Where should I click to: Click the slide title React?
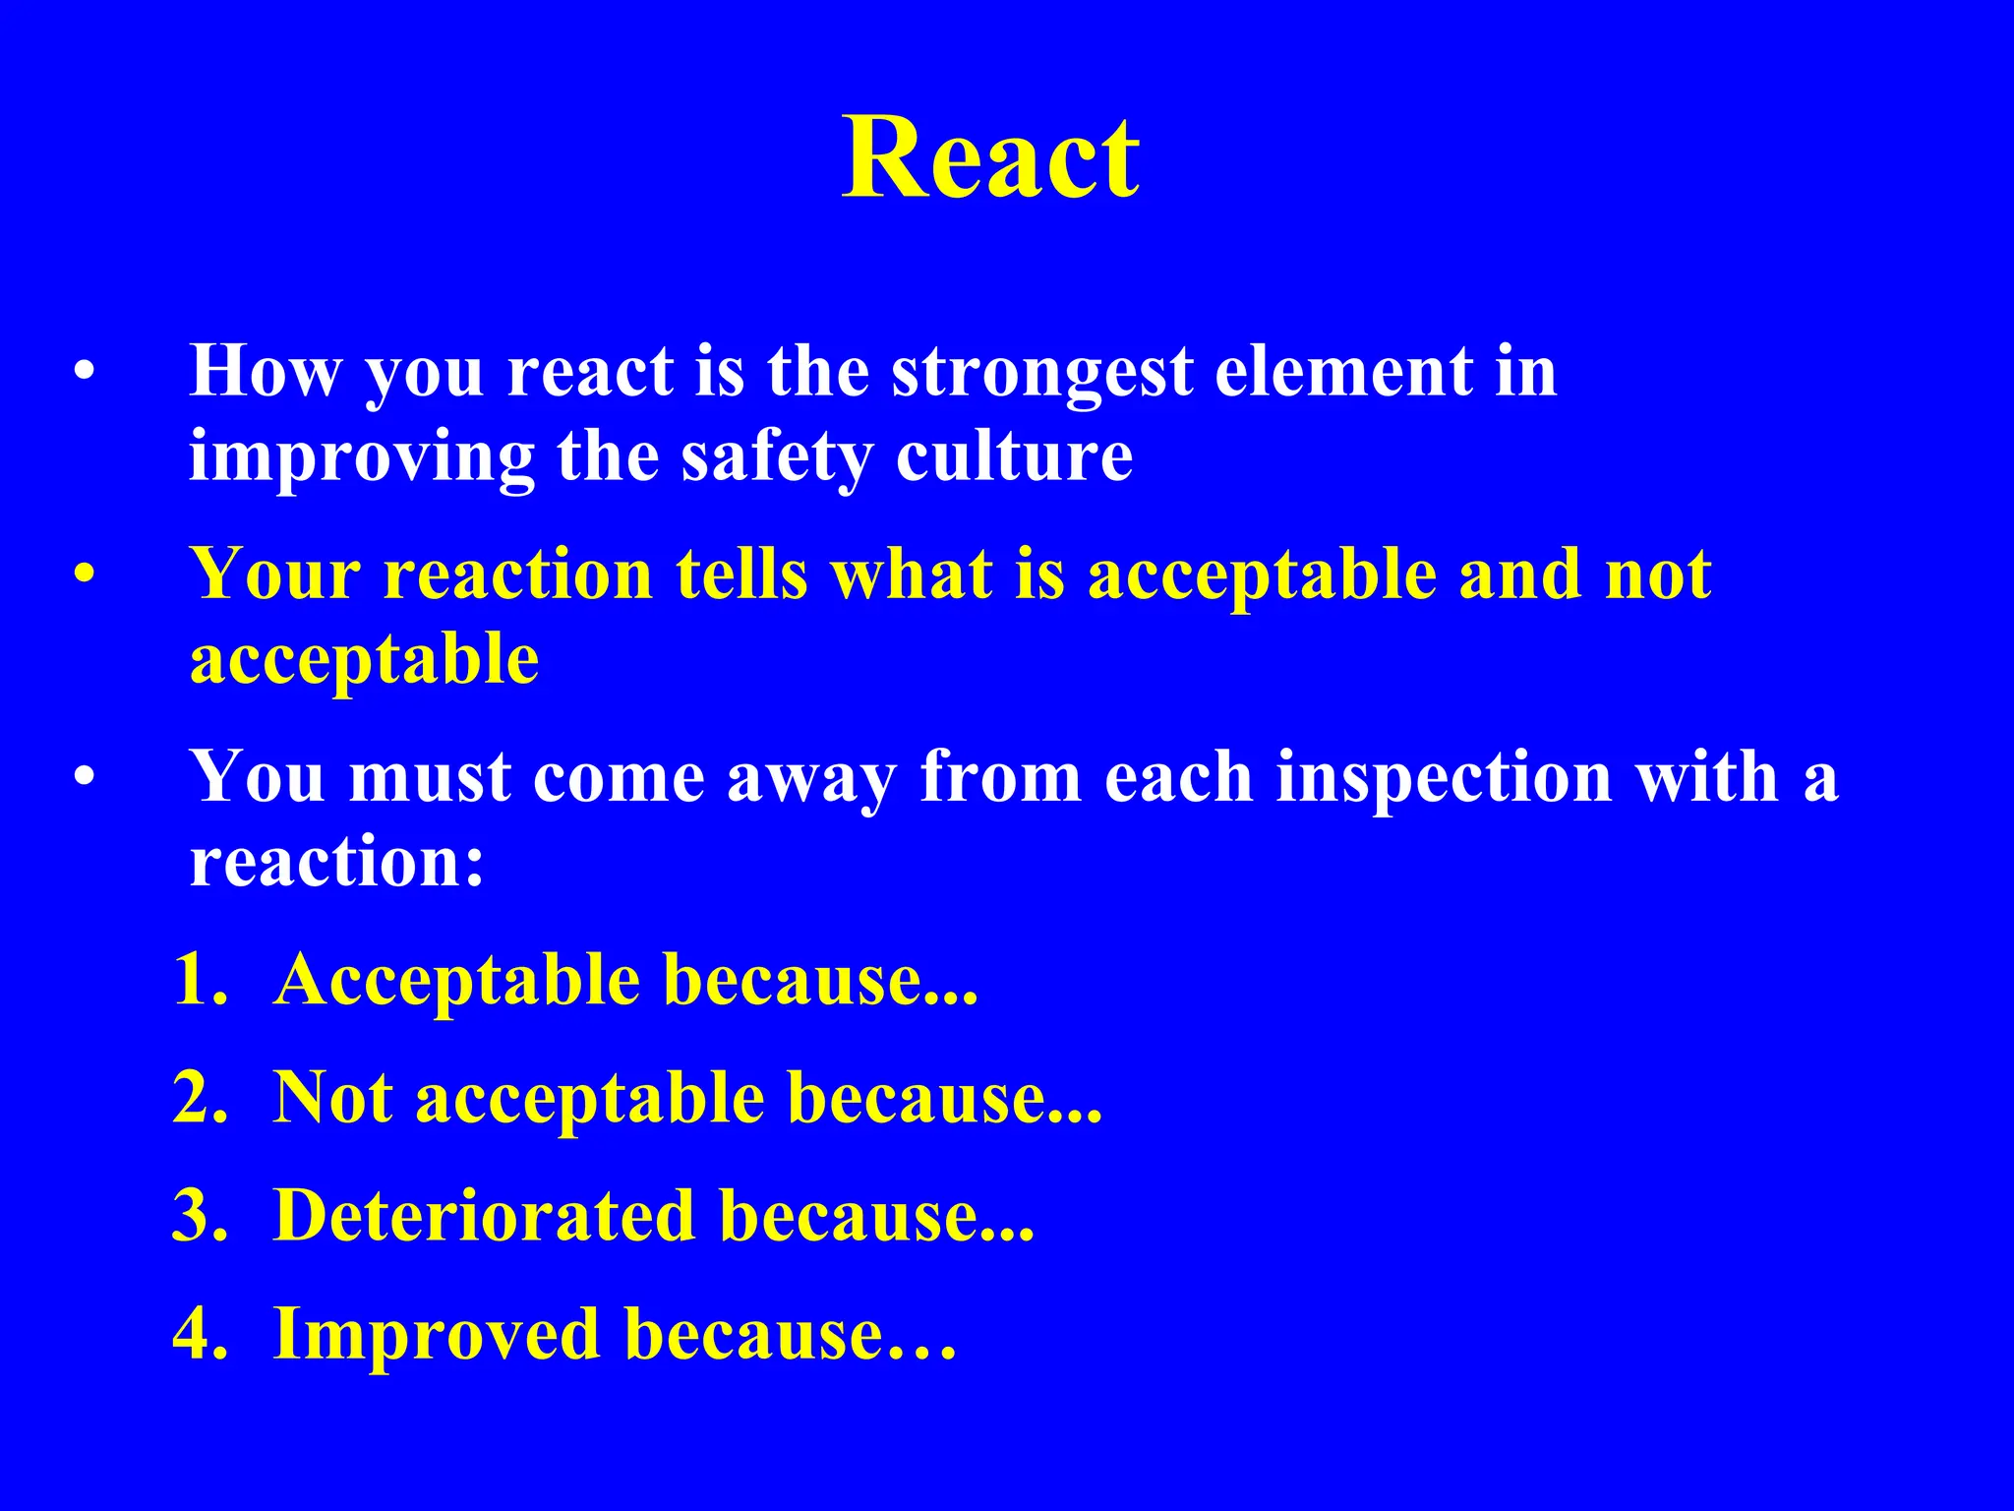(991, 157)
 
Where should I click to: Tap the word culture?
(1014, 456)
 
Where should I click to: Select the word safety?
(777, 456)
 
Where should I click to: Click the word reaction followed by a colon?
(336, 861)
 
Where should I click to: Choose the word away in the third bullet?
(811, 776)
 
